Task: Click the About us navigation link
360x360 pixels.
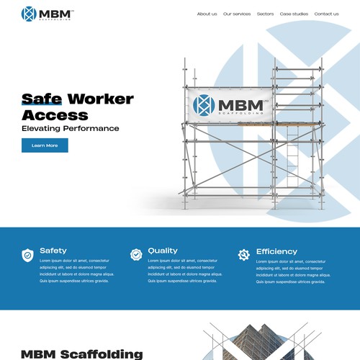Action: click(x=207, y=14)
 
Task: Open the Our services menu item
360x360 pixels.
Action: click(x=237, y=14)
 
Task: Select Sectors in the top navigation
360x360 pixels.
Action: click(x=265, y=14)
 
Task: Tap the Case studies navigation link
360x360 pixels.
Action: click(x=294, y=14)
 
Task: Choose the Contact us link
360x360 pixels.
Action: click(x=326, y=14)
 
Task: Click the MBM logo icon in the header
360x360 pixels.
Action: click(x=29, y=14)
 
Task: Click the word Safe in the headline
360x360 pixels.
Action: click(x=42, y=99)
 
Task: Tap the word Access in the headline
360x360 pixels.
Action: click(x=55, y=114)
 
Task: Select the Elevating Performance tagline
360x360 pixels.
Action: click(x=71, y=129)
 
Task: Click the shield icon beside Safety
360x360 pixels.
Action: click(x=27, y=254)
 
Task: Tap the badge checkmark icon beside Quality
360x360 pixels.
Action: click(x=136, y=254)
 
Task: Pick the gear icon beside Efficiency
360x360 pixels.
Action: click(x=244, y=254)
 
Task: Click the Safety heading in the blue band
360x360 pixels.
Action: click(x=53, y=251)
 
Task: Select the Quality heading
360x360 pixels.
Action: click(x=163, y=251)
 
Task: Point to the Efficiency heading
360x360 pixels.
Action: click(x=276, y=251)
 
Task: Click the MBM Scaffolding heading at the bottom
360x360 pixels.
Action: click(x=81, y=354)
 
